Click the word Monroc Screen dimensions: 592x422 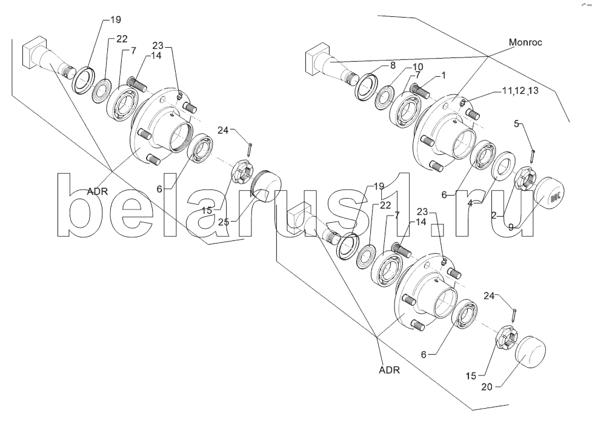tap(525, 42)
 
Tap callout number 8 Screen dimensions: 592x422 tap(393, 65)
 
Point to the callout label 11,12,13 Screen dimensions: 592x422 tap(520, 90)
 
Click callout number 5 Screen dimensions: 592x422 tap(516, 123)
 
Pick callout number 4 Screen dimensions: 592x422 tap(470, 203)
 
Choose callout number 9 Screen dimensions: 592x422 tap(511, 227)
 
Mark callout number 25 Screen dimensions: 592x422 tap(224, 222)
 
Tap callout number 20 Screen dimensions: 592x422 tap(487, 386)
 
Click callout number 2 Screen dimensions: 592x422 tap(494, 216)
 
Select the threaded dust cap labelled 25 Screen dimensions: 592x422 tap(267, 185)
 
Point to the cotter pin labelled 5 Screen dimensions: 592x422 tap(533, 154)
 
